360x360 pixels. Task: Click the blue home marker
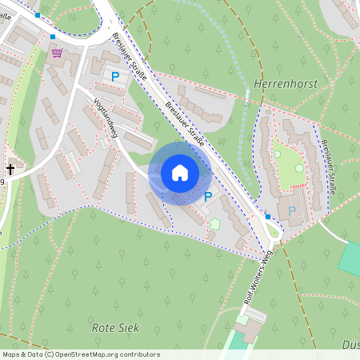point(180,172)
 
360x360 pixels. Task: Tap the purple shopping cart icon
point(57,52)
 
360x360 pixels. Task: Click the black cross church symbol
point(10,169)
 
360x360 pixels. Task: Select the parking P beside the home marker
point(208,196)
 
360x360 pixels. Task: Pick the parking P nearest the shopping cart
point(114,76)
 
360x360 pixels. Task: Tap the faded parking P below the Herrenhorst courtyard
point(292,210)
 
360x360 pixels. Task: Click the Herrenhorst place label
point(286,83)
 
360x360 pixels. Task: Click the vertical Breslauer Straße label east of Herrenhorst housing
point(330,163)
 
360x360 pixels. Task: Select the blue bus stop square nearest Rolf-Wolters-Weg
point(267,216)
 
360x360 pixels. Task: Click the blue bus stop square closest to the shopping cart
point(53,37)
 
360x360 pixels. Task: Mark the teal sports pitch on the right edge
point(350,258)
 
